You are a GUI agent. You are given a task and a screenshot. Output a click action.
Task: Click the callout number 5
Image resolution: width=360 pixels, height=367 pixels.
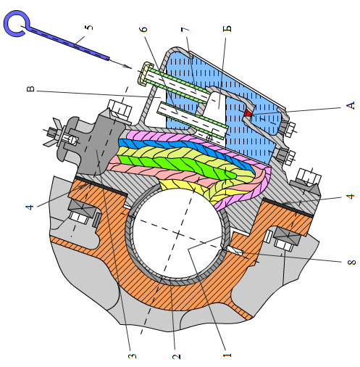[89, 28]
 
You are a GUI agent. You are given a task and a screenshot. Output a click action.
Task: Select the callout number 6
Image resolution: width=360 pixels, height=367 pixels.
[143, 29]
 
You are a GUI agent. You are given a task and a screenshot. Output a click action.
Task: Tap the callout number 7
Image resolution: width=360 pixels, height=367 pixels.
[185, 30]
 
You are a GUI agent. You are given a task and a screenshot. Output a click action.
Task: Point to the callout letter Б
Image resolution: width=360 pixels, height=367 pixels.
[227, 28]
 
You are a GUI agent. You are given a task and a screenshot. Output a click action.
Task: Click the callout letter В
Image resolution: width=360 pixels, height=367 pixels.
[30, 89]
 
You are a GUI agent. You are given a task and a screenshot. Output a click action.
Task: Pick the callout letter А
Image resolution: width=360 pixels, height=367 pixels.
[350, 106]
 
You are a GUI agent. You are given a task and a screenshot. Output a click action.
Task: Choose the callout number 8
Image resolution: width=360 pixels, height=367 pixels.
[351, 262]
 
